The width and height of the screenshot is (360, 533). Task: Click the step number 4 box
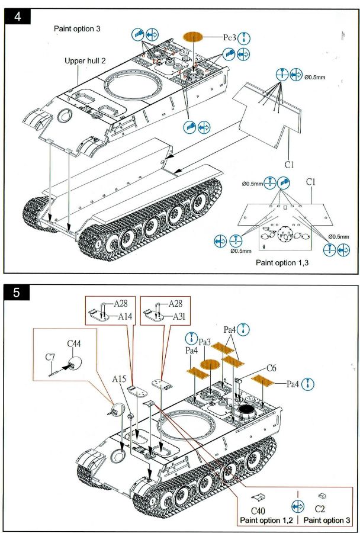pos(17,17)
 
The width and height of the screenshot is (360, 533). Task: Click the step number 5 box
pos(17,293)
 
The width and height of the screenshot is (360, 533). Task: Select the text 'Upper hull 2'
pos(88,61)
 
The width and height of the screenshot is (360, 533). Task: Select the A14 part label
pos(124,316)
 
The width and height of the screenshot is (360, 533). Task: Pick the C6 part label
pos(271,368)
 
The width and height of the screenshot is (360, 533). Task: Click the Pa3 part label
pos(205,342)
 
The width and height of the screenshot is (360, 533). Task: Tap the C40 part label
pos(258,510)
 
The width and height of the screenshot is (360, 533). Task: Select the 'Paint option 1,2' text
pos(266,521)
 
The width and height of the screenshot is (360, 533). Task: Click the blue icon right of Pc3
pos(244,37)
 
